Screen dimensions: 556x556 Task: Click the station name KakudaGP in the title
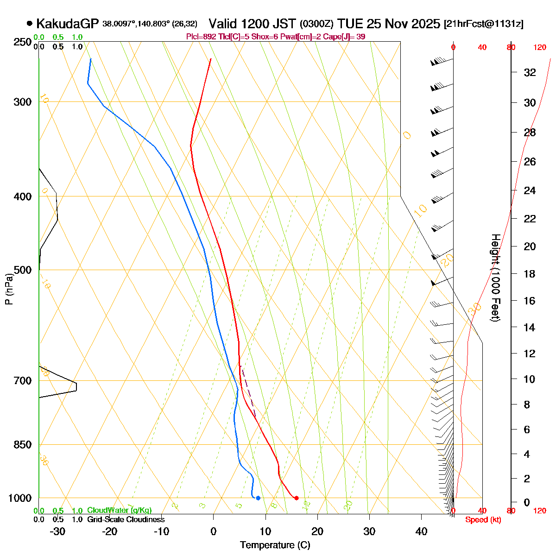(x=67, y=24)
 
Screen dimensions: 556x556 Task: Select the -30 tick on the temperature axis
(x=57, y=531)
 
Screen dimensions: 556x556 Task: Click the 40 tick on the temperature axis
(x=421, y=531)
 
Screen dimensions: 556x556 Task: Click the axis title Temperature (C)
(x=275, y=545)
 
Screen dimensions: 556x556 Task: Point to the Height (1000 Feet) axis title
(x=495, y=278)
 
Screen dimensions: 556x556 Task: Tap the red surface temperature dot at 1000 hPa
(x=296, y=498)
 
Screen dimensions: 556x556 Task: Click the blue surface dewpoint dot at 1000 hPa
(x=258, y=498)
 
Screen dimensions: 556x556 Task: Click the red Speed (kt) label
(x=483, y=520)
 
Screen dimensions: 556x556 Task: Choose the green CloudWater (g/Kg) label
(x=119, y=511)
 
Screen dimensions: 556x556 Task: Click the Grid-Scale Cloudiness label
(x=126, y=520)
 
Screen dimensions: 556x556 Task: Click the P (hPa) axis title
(x=8, y=288)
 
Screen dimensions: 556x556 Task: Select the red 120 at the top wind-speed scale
(x=539, y=47)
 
